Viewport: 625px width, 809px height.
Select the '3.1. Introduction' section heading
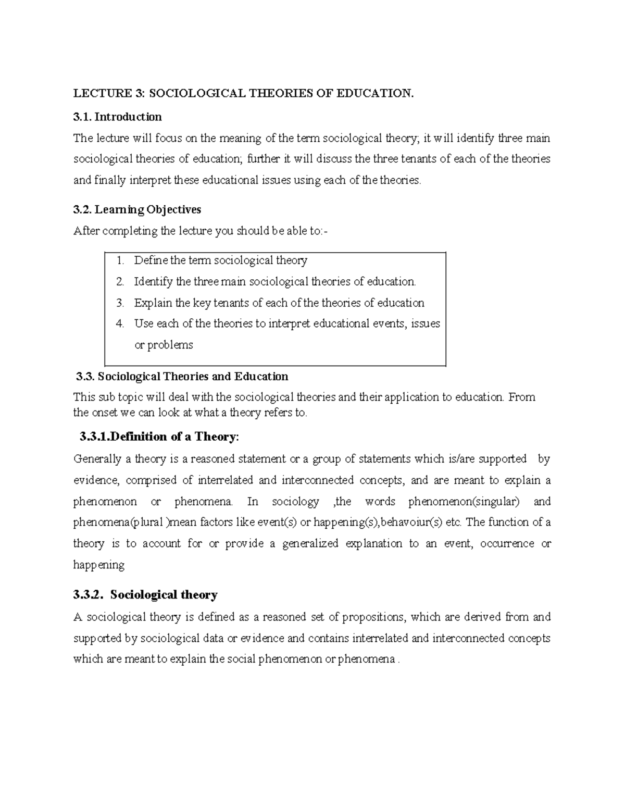coord(118,117)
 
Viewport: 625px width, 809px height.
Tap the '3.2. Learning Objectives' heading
coord(137,209)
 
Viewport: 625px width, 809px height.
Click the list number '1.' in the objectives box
coord(121,260)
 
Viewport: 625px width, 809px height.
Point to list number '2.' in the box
coord(121,282)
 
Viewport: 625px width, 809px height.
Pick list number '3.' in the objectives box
coord(121,303)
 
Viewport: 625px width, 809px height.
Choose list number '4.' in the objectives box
coord(121,323)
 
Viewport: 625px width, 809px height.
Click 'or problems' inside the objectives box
coord(164,345)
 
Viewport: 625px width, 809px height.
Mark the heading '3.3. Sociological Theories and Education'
coord(182,377)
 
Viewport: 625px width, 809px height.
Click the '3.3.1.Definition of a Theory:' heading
coord(159,437)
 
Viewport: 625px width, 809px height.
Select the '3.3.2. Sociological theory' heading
coord(145,595)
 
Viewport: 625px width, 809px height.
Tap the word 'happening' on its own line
coord(99,565)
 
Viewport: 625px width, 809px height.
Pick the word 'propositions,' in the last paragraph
coord(371,617)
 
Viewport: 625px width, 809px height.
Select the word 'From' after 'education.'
coord(521,397)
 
